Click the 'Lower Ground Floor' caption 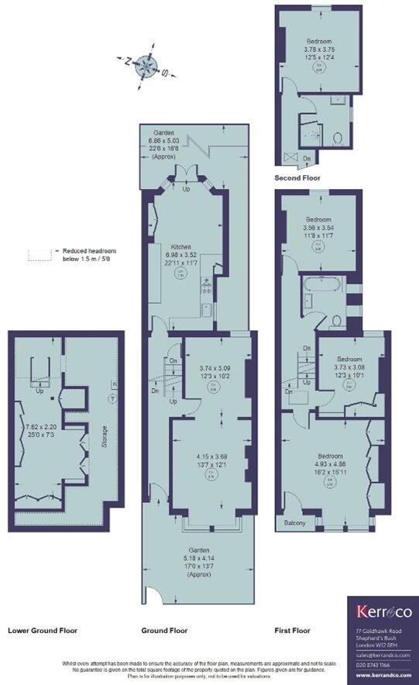[x=43, y=630]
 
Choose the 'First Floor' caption [x=293, y=630]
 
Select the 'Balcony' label [x=294, y=523]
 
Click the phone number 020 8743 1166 [x=375, y=664]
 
